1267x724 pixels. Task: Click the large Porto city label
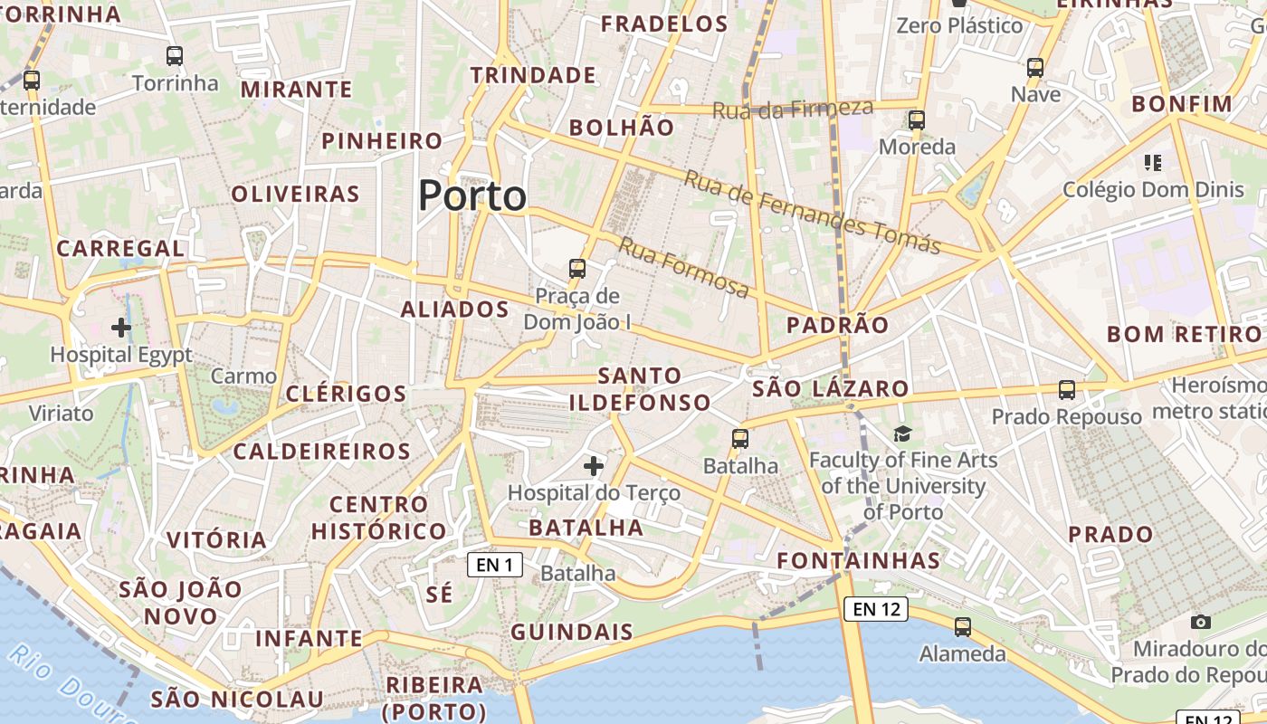coord(472,195)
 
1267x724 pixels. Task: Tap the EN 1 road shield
coord(494,566)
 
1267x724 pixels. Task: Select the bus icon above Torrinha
coord(175,56)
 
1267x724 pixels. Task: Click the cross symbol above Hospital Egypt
coord(121,328)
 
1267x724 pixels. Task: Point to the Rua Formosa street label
coord(684,267)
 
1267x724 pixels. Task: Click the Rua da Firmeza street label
coord(793,110)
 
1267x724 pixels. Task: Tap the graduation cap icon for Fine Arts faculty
coord(902,433)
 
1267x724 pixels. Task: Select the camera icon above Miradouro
coord(1201,622)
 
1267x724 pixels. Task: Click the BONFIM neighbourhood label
coord(1182,103)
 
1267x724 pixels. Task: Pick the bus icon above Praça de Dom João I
coord(577,268)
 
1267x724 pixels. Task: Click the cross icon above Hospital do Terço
coord(594,466)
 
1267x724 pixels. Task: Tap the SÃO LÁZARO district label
coord(831,389)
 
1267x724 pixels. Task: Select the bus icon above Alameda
coord(963,626)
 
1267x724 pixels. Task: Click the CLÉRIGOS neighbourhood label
coord(347,394)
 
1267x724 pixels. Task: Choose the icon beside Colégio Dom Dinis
coord(1153,163)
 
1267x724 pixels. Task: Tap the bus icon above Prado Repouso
coord(1067,390)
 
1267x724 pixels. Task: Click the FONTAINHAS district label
coord(859,560)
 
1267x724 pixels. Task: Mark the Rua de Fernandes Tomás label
coord(812,212)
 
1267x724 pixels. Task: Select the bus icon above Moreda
coord(917,119)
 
